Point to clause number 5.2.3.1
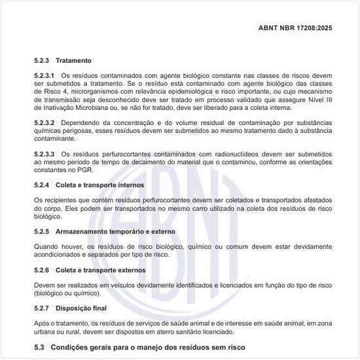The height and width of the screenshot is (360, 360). pos(45,77)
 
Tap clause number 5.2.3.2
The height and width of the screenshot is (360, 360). pos(45,123)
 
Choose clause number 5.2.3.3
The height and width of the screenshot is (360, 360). pos(45,154)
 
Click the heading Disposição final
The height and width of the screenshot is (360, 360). pos(81,308)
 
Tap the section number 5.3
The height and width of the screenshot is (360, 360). pos(40,348)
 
